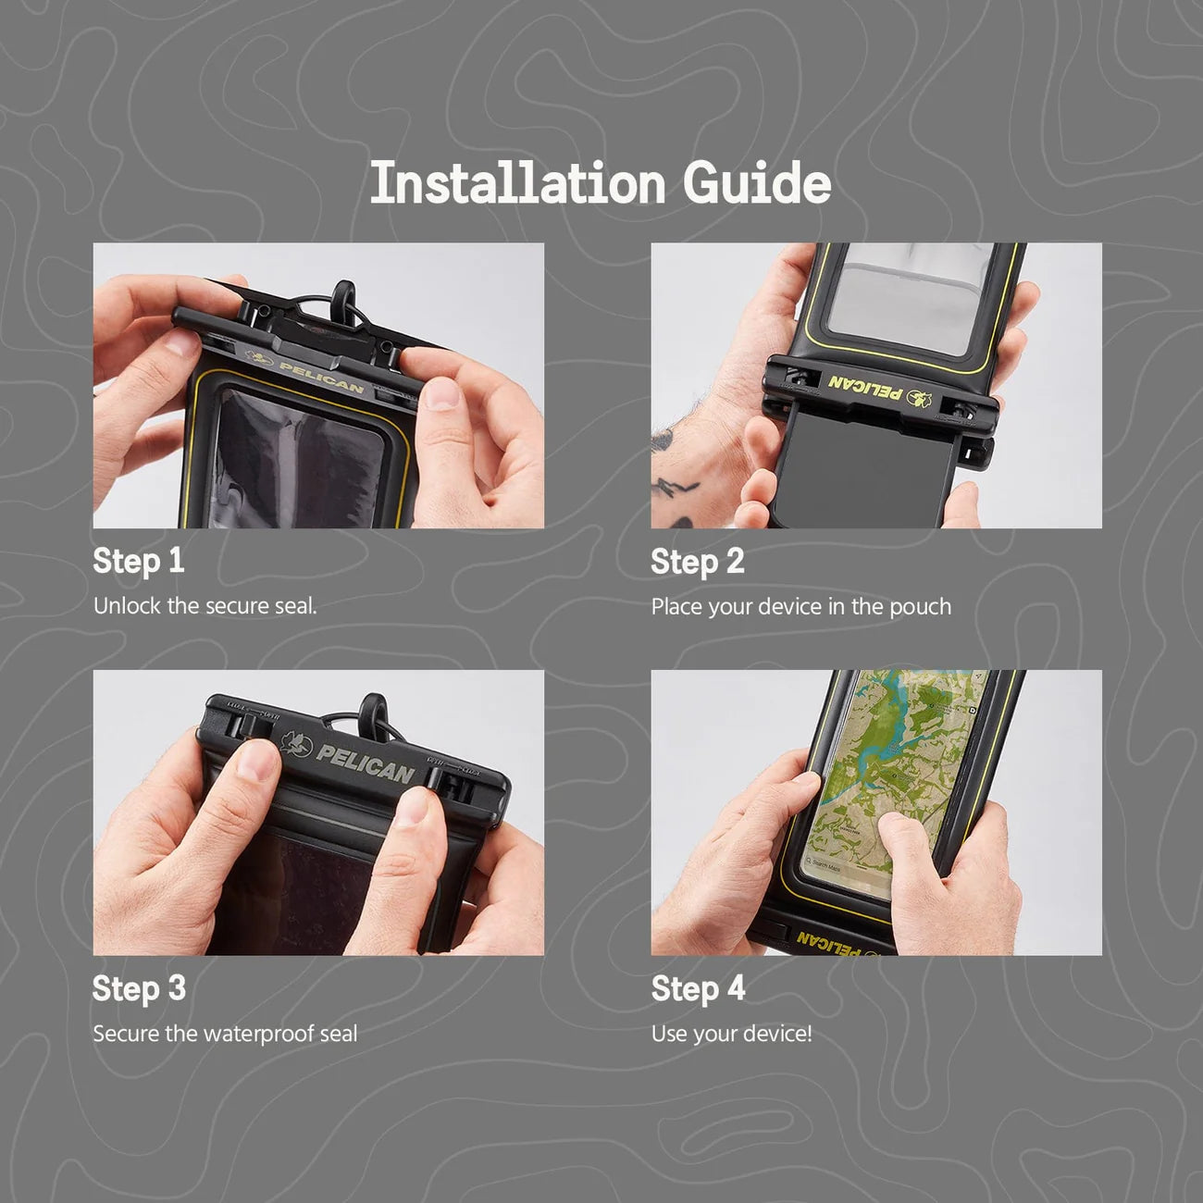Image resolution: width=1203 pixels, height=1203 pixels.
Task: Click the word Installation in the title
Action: (517, 182)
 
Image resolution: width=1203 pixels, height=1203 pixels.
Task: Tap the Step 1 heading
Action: (139, 560)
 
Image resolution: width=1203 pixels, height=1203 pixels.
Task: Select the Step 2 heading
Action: (698, 561)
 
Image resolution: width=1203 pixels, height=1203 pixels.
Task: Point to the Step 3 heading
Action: (139, 988)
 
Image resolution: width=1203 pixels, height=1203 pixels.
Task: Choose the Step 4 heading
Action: (698, 989)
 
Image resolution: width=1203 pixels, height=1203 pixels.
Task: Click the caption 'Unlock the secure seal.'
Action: (205, 606)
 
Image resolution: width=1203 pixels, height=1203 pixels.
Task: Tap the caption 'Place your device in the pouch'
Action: (801, 607)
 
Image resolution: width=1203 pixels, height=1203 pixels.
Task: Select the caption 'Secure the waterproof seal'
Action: (226, 1034)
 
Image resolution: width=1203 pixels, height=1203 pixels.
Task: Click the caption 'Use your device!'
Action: (732, 1035)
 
